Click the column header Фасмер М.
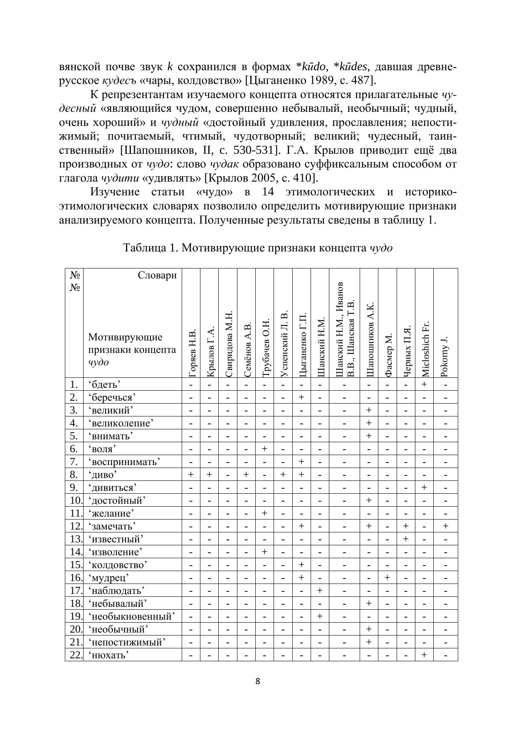(x=388, y=355)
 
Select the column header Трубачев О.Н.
(x=265, y=348)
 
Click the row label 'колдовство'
(x=117, y=564)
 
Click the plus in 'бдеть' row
(x=424, y=384)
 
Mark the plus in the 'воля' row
(x=264, y=448)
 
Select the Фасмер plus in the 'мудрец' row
(x=387, y=577)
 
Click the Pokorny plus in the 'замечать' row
(x=445, y=526)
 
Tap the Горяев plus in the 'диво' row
(x=191, y=474)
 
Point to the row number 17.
(x=74, y=590)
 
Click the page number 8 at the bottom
(x=258, y=681)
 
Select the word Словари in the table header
(x=157, y=275)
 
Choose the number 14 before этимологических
(x=270, y=192)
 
